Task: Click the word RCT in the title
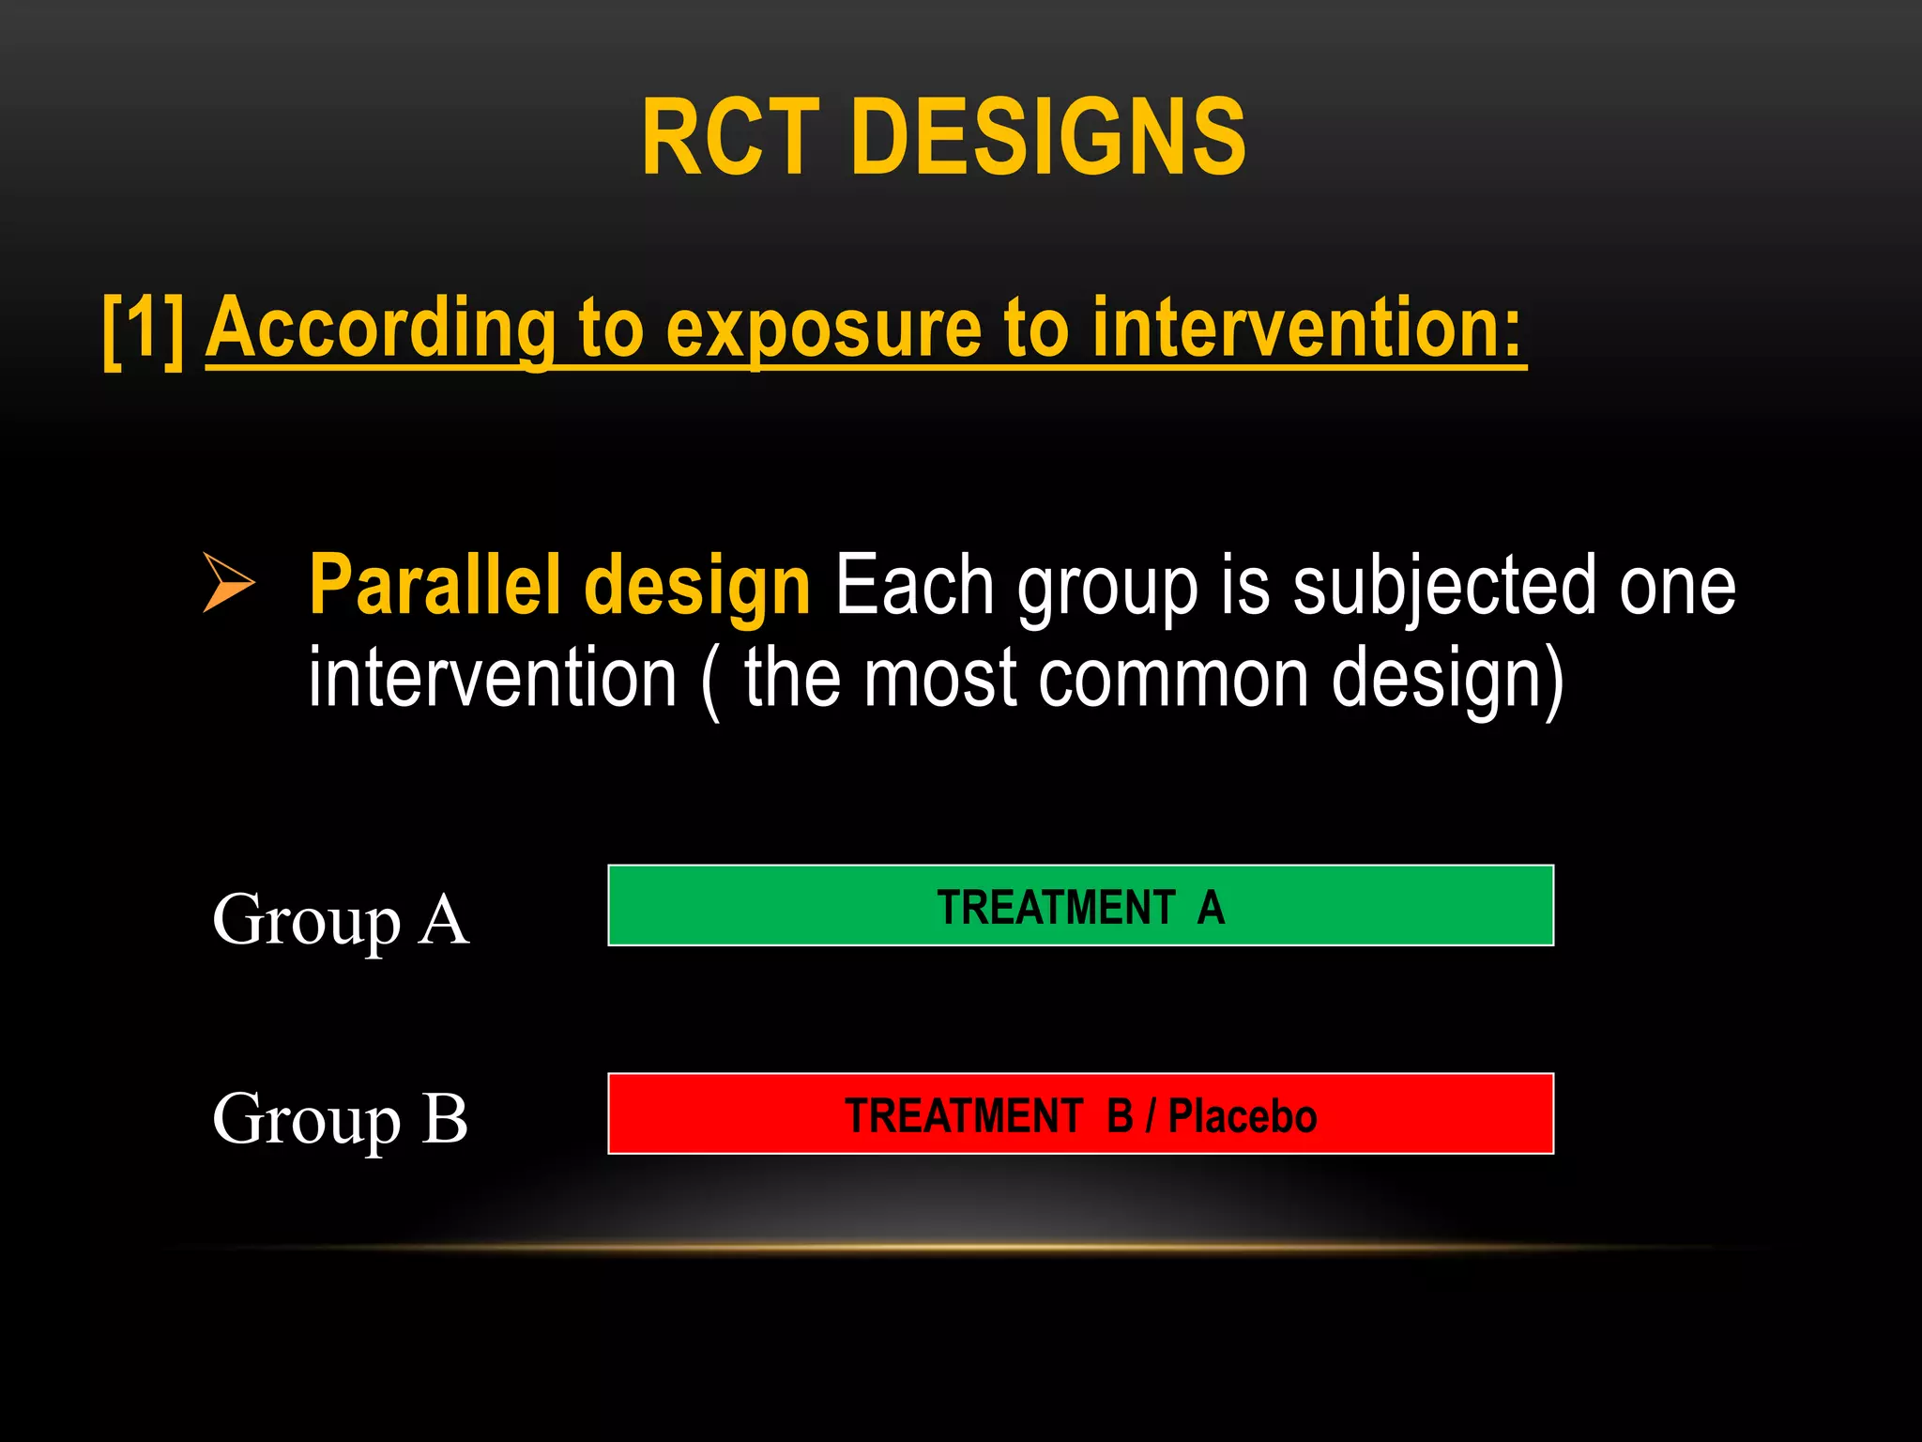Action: [x=730, y=139]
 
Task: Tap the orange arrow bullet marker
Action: [x=227, y=583]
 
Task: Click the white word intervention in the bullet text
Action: [x=493, y=678]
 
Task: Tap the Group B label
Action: [x=340, y=1119]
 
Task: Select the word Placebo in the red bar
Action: [x=1242, y=1116]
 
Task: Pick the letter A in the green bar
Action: [x=1211, y=908]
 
